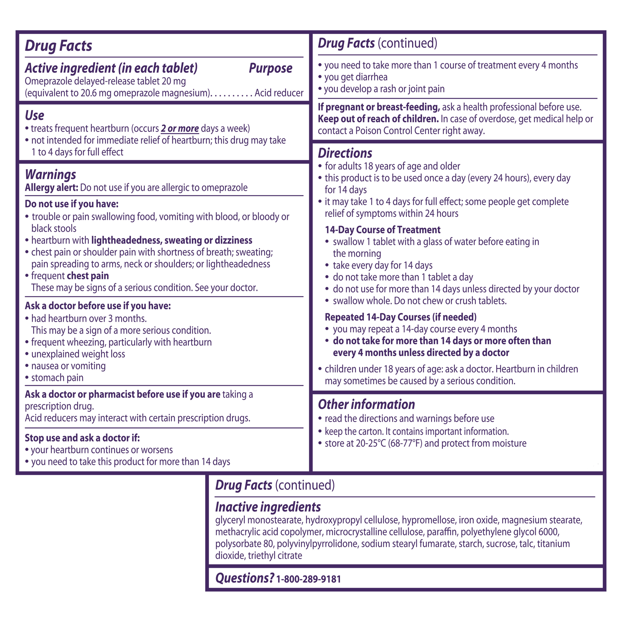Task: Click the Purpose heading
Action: [x=271, y=68]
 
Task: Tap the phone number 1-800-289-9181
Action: [x=308, y=579]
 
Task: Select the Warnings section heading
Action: [x=51, y=175]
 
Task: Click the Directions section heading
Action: [x=345, y=153]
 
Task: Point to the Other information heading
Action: [x=366, y=404]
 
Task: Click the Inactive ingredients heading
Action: [x=268, y=507]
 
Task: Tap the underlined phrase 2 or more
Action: [x=180, y=129]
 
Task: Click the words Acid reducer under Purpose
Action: [x=279, y=93]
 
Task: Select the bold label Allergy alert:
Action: [x=52, y=188]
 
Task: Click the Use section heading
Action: [x=35, y=116]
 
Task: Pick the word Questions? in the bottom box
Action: [x=245, y=578]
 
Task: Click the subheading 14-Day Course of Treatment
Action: [x=383, y=230]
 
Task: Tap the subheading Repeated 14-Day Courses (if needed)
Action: [x=400, y=317]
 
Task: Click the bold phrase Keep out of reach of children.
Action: [x=378, y=119]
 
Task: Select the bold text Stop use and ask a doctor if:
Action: [x=82, y=438]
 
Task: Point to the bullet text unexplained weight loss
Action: [x=78, y=354]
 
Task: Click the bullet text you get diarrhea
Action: [x=356, y=77]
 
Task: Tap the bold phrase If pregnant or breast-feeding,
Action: [x=379, y=107]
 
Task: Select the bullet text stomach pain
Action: [x=57, y=378]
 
